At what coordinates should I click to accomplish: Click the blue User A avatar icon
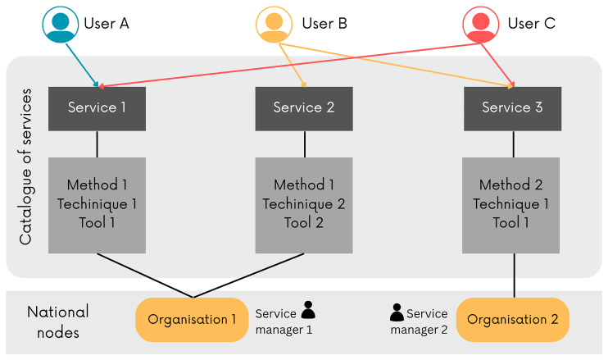[x=60, y=25]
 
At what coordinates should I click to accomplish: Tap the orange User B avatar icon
[x=274, y=25]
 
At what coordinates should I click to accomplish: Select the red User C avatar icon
[x=480, y=25]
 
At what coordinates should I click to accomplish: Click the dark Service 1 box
[x=97, y=108]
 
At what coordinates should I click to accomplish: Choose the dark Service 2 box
[x=304, y=108]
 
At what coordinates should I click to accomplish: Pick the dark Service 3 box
[x=512, y=108]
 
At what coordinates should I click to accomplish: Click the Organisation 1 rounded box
[x=192, y=320]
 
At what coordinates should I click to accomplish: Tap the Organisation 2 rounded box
[x=513, y=320]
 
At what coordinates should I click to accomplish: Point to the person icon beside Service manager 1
[x=308, y=310]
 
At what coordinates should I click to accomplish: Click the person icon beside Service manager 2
[x=397, y=312]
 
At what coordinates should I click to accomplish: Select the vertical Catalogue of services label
[x=26, y=166]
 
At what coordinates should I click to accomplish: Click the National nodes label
[x=58, y=322]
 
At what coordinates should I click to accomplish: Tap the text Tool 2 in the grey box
[x=304, y=223]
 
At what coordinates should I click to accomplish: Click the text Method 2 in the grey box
[x=510, y=185]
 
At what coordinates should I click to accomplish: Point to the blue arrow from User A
[x=82, y=65]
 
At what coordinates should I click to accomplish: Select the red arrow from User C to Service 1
[x=289, y=65]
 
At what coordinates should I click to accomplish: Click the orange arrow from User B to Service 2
[x=293, y=65]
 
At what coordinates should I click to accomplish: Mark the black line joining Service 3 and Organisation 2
[x=514, y=276]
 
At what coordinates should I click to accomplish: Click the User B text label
[x=324, y=24]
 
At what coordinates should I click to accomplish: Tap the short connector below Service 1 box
[x=97, y=144]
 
